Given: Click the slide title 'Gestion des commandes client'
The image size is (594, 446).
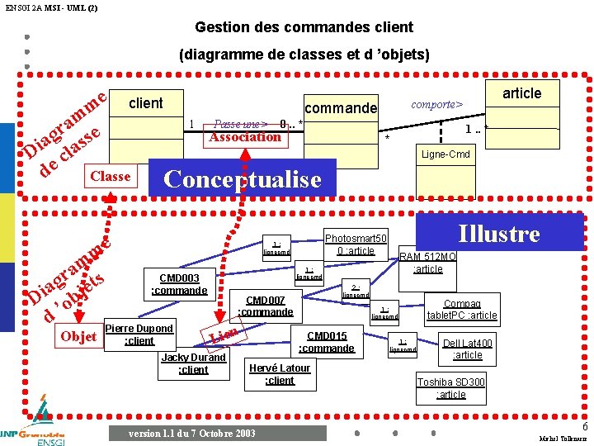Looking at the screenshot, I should (304, 27).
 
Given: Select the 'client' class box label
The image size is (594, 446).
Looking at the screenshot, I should (146, 103).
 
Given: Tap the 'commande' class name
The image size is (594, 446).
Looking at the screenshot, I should (341, 108).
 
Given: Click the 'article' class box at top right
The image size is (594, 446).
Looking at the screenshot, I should (521, 93).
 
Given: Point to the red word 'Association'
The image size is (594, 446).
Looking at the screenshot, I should (245, 137).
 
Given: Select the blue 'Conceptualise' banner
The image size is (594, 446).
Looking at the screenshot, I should (243, 179).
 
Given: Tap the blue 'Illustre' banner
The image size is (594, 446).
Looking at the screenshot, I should (498, 234).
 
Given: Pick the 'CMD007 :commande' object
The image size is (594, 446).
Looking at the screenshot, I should (266, 306).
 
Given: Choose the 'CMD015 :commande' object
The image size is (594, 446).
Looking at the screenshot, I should (327, 342).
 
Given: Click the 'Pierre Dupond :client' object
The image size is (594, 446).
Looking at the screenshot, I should (139, 334).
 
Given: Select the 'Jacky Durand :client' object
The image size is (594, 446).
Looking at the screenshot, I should (193, 363).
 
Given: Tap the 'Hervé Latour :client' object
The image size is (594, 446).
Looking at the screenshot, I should (280, 374).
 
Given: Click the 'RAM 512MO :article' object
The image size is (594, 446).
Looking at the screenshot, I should (428, 263).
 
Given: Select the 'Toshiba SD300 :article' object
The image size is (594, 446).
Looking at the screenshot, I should (450, 387).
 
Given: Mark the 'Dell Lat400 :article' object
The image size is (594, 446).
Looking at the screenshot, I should (468, 349).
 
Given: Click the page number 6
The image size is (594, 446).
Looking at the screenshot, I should (585, 426).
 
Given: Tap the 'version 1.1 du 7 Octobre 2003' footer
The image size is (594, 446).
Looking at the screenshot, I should (192, 434).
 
